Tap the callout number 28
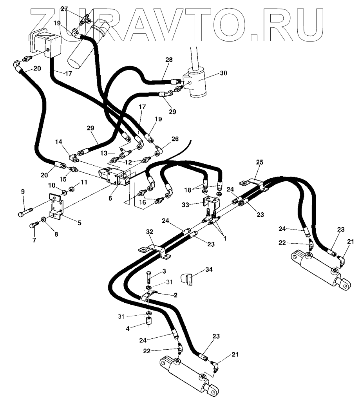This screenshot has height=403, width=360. pos(169,60)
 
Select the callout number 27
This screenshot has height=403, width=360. pos(64,8)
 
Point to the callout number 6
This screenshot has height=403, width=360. pos(110,199)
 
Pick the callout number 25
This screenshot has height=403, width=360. pos(259,162)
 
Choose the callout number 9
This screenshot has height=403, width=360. pos(23,192)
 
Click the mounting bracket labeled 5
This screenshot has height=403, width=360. pos(56,208)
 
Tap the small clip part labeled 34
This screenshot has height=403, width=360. pos(188,279)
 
